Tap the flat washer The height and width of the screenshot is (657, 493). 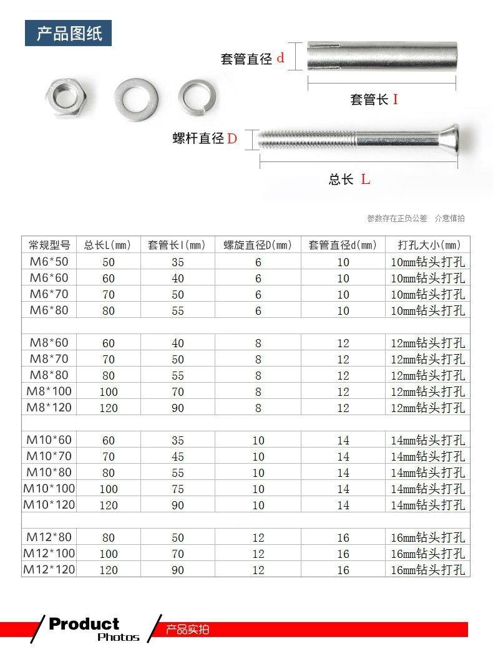pyautogui.click(x=136, y=97)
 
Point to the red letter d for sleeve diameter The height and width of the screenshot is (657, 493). pyautogui.click(x=280, y=58)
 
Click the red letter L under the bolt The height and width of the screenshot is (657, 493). pyautogui.click(x=366, y=180)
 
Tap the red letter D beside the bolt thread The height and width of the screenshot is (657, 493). pyautogui.click(x=232, y=138)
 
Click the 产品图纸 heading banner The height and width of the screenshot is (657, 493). pyautogui.click(x=68, y=34)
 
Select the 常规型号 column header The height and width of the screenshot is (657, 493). pyautogui.click(x=49, y=245)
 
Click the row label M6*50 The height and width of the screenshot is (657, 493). pyautogui.click(x=49, y=262)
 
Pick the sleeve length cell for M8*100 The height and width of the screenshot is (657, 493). pyautogui.click(x=178, y=392)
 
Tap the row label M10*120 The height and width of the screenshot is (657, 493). pyautogui.click(x=49, y=505)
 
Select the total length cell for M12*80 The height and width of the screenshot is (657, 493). pyautogui.click(x=109, y=537)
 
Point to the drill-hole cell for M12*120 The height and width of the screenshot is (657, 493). pyautogui.click(x=427, y=570)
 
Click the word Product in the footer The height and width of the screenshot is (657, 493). pyautogui.click(x=84, y=624)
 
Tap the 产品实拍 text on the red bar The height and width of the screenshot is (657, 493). pyautogui.click(x=188, y=630)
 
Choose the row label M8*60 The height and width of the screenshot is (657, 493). pyautogui.click(x=49, y=343)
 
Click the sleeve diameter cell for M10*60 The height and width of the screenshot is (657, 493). pyautogui.click(x=343, y=440)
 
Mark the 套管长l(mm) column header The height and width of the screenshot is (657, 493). pyautogui.click(x=178, y=245)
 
